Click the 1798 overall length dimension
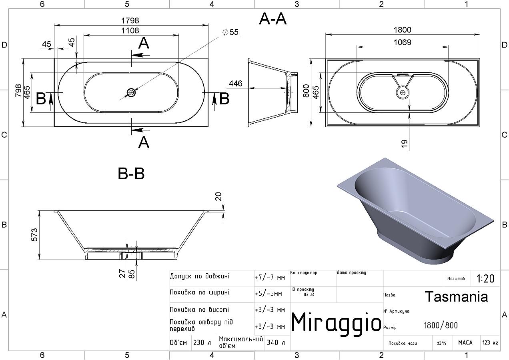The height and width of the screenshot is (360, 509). click(130, 21)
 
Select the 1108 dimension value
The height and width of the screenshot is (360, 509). click(130, 31)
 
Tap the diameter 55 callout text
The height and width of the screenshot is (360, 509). click(230, 32)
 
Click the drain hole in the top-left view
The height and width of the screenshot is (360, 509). click(131, 92)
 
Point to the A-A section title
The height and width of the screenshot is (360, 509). click(273, 19)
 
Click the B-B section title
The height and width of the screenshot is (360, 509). click(131, 174)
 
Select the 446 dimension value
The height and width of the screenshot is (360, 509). click(236, 84)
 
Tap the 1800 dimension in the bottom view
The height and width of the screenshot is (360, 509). click(403, 30)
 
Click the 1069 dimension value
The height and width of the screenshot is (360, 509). click(403, 42)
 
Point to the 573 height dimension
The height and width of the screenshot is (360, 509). click(34, 235)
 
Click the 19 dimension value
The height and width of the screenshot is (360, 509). click(405, 144)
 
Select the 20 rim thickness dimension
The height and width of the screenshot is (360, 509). click(218, 196)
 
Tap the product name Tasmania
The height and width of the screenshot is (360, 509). click(457, 297)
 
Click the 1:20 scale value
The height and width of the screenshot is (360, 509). click(485, 278)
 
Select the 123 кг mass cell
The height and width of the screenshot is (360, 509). click(490, 342)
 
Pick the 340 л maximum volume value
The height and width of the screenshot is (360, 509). click(276, 342)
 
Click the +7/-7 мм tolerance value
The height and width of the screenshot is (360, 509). click(270, 278)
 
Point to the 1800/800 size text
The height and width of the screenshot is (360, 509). click(441, 326)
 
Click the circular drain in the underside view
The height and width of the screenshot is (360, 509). click(403, 92)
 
